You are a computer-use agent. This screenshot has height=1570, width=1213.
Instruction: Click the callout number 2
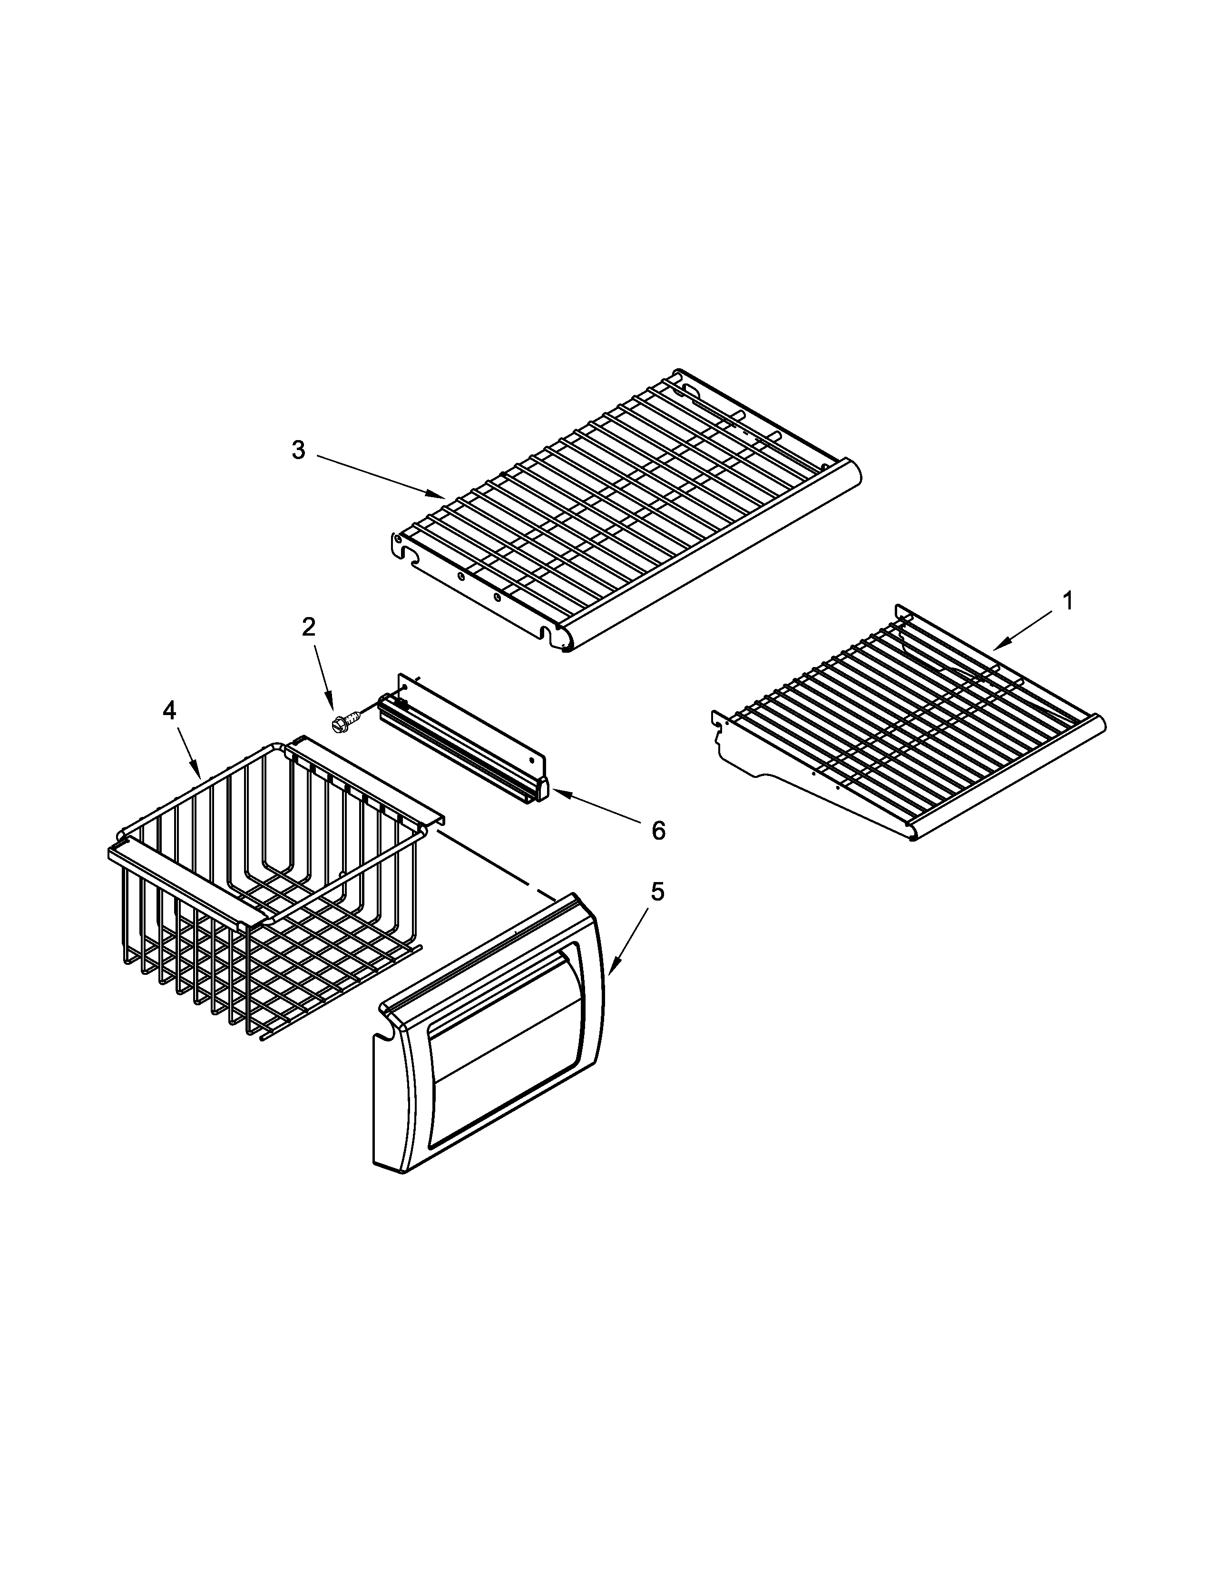click(x=308, y=627)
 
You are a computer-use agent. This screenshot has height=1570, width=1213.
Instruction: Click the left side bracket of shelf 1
click(x=747, y=755)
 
